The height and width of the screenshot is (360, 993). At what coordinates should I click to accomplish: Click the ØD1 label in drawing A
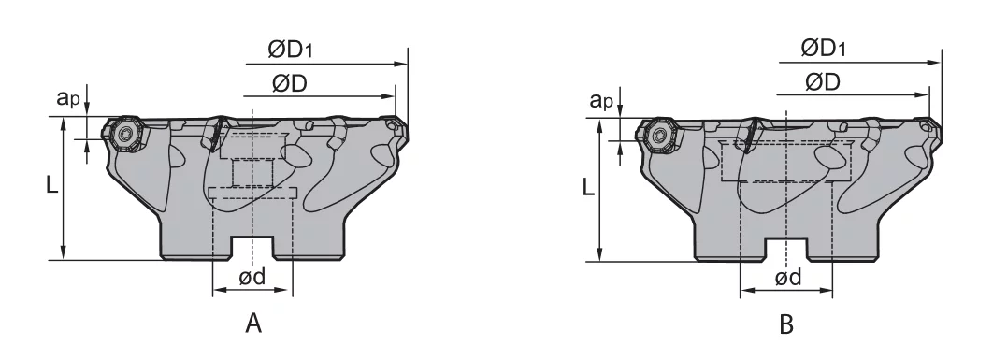pyautogui.click(x=290, y=50)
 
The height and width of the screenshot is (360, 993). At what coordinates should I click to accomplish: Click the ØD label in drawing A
pyautogui.click(x=290, y=83)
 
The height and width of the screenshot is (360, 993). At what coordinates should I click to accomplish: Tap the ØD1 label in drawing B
pyautogui.click(x=823, y=49)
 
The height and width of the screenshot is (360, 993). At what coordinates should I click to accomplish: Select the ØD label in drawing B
pyautogui.click(x=823, y=81)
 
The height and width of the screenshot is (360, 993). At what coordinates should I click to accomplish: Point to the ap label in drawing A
pyautogui.click(x=68, y=98)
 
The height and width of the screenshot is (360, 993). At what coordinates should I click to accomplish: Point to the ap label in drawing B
pyautogui.click(x=601, y=100)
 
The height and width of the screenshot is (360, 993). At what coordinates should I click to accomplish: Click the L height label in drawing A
pyautogui.click(x=52, y=185)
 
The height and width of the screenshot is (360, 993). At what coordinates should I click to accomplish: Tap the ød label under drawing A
pyautogui.click(x=252, y=276)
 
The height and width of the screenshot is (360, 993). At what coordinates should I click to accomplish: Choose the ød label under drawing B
pyautogui.click(x=788, y=277)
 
